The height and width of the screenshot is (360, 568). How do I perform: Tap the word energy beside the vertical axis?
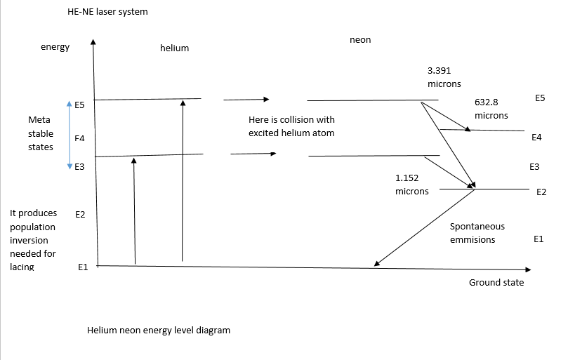(55, 47)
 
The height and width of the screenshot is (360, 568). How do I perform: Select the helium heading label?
(175, 48)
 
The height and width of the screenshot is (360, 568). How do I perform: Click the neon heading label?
(359, 40)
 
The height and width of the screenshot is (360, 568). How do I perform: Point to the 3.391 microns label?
(444, 77)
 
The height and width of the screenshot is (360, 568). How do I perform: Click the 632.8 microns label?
(491, 109)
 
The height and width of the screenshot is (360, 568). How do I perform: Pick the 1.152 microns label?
(411, 185)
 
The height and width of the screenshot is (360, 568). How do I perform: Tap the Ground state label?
(496, 283)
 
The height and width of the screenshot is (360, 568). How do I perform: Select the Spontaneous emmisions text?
(477, 233)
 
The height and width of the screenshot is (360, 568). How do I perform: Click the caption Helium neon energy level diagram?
(158, 330)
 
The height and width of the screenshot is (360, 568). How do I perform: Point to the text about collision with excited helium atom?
(291, 126)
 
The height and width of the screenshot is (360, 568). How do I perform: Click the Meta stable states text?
(40, 133)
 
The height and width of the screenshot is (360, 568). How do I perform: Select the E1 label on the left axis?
(81, 267)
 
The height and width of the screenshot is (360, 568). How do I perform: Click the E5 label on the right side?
(539, 98)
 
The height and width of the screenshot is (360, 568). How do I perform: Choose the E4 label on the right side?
(536, 138)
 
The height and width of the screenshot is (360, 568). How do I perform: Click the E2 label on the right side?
(541, 192)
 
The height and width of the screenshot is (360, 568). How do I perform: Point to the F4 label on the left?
(79, 139)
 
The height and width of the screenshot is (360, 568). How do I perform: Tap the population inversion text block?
(33, 240)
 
